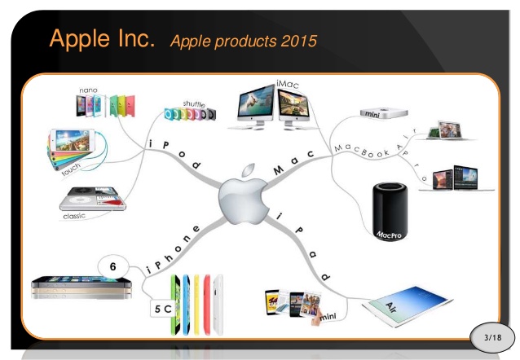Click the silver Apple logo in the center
244,196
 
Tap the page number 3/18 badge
492,337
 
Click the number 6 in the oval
113,266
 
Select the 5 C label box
162,309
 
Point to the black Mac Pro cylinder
390,211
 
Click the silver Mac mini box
384,113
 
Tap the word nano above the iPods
88,90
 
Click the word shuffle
194,104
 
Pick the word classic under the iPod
74,216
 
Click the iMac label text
288,84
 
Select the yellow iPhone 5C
196,305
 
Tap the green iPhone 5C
175,305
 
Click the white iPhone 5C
218,305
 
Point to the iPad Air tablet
408,305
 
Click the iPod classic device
93,199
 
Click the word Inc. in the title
136,38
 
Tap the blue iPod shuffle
170,114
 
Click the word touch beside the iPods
71,169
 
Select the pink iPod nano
130,106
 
